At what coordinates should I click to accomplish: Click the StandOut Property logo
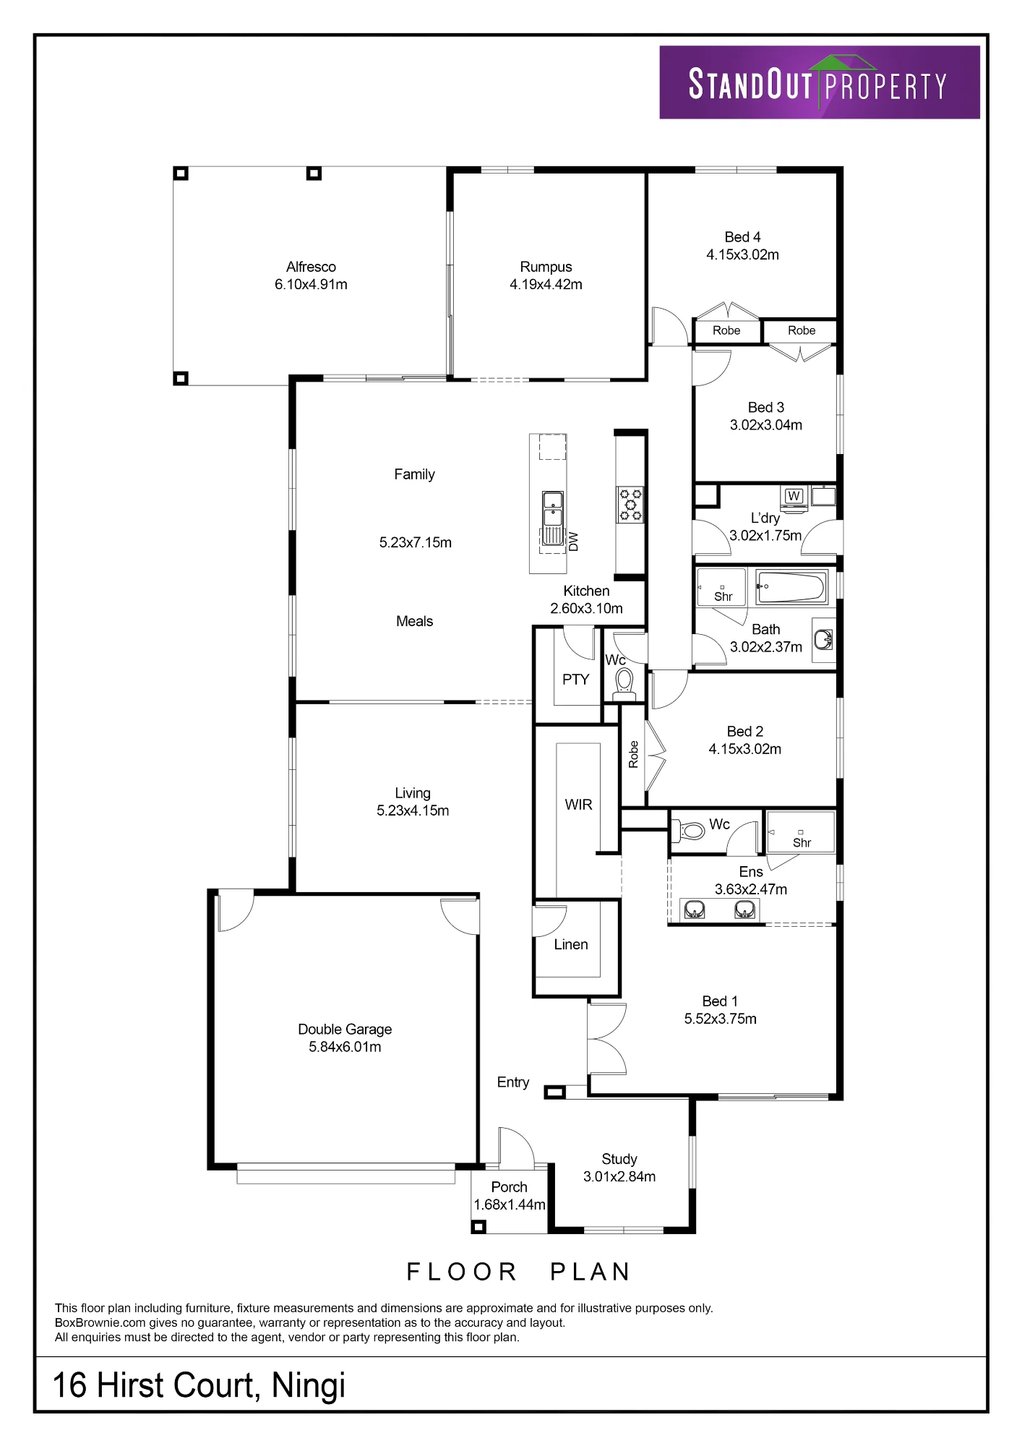(820, 82)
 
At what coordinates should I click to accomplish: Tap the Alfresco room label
(311, 267)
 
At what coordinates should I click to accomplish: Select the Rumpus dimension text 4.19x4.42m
(546, 285)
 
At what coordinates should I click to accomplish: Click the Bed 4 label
(742, 237)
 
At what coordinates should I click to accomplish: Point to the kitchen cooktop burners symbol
(630, 505)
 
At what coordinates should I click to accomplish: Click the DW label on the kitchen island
(574, 542)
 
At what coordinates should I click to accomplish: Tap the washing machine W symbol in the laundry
(794, 497)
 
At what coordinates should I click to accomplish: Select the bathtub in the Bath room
(791, 587)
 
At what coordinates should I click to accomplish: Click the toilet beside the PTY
(624, 683)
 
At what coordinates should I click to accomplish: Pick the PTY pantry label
(575, 680)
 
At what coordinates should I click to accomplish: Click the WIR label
(578, 805)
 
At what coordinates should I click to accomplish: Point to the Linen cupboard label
(571, 944)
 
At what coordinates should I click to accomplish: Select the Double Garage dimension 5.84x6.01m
(345, 1047)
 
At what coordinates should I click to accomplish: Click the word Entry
(513, 1082)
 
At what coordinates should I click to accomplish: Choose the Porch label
(509, 1187)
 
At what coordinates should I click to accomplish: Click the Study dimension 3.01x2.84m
(619, 1176)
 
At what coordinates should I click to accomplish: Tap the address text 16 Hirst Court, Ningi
(199, 1386)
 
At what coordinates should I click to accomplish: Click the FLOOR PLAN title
(519, 1272)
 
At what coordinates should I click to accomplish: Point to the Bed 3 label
(765, 408)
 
